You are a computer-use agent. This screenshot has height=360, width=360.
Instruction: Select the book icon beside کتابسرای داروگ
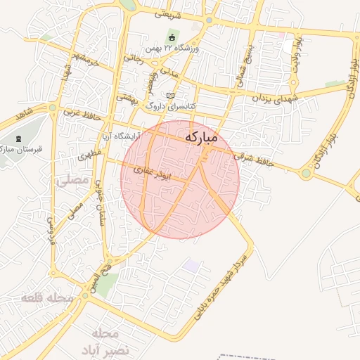point(169,95)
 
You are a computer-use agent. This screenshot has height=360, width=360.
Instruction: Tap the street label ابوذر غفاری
point(153,169)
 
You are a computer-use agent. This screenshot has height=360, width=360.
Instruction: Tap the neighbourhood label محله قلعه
point(48,298)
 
